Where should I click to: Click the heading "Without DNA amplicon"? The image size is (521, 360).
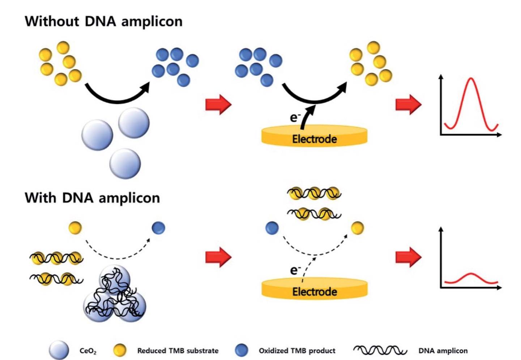click(x=103, y=21)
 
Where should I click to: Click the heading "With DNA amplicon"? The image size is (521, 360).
click(x=92, y=198)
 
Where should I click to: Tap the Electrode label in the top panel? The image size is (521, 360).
click(x=314, y=139)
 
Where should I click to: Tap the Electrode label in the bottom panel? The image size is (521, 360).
click(x=314, y=291)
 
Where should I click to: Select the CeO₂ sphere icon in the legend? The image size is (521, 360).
click(x=59, y=350)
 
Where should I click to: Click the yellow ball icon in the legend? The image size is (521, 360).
click(x=120, y=350)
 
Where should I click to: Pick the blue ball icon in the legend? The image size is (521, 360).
click(x=242, y=350)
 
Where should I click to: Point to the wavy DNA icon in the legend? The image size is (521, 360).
click(x=380, y=350)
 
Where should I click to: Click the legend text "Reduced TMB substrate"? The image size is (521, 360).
click(x=178, y=351)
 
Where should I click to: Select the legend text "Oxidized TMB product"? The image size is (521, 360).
click(x=297, y=351)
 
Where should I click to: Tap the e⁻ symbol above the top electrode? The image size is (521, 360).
click(x=295, y=117)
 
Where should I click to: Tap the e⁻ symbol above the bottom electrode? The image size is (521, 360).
click(x=295, y=270)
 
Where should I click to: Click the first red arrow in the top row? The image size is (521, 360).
click(x=218, y=104)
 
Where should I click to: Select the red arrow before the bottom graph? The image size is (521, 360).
click(x=409, y=257)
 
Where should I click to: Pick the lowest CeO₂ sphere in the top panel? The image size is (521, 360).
click(x=125, y=163)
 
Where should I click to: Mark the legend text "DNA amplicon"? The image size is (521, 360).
click(x=443, y=351)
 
